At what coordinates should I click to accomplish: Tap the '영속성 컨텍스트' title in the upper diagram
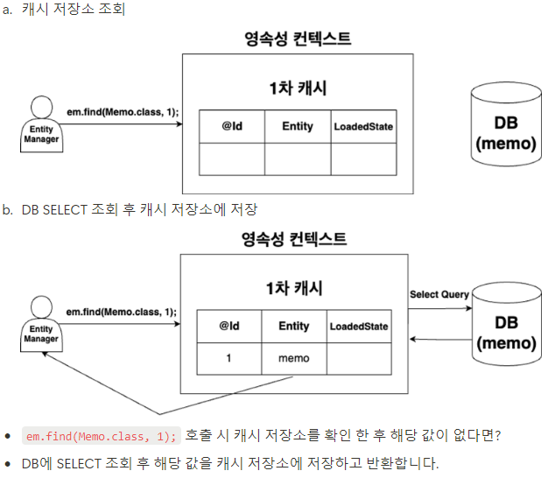click(298, 39)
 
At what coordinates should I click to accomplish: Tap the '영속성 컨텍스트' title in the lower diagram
click(293, 239)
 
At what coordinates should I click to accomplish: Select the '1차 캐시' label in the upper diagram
click(298, 88)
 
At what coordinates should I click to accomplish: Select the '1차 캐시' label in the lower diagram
click(293, 288)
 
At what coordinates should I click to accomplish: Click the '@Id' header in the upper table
click(231, 126)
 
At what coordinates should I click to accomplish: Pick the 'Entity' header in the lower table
click(293, 326)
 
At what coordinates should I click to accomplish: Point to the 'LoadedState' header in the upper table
click(363, 127)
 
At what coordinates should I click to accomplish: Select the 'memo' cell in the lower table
click(293, 358)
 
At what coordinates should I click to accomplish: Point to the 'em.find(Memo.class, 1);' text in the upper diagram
click(122, 111)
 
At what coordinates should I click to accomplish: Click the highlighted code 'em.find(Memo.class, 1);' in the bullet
click(102, 436)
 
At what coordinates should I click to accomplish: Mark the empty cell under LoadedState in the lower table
click(358, 358)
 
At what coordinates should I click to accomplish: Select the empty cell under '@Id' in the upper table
click(231, 158)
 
